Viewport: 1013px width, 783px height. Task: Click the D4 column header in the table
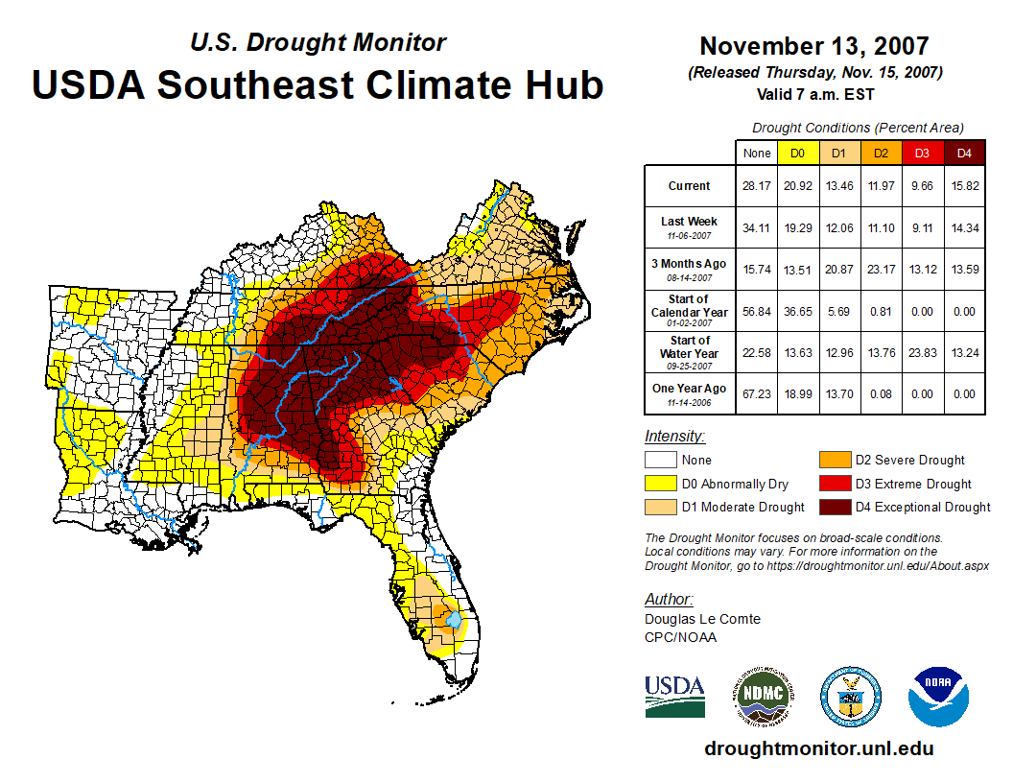click(965, 153)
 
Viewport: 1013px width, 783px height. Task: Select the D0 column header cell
click(797, 153)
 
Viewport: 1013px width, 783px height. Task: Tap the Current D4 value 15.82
click(965, 186)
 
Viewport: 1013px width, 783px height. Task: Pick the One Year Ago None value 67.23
click(756, 394)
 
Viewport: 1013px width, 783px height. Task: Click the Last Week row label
click(689, 227)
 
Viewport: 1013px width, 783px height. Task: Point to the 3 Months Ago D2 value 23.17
click(881, 270)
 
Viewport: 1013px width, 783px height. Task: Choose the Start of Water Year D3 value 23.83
click(923, 352)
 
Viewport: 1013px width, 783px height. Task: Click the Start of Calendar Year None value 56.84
click(756, 311)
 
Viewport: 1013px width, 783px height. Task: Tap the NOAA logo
click(939, 697)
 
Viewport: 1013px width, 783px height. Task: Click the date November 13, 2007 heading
click(813, 46)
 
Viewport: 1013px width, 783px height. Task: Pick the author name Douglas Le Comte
click(702, 619)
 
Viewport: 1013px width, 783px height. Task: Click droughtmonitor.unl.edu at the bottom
click(818, 748)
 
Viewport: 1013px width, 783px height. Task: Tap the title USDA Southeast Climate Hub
click(318, 84)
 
